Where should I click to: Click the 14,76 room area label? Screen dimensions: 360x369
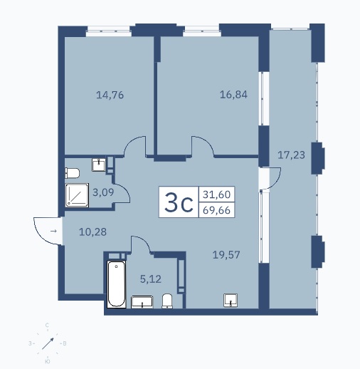tap(110, 95)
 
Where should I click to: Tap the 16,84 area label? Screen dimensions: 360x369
tap(233, 95)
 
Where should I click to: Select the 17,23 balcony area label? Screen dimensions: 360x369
tap(291, 155)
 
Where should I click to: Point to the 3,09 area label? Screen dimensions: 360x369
tap(103, 192)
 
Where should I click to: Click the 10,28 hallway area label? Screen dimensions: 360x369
tap(92, 232)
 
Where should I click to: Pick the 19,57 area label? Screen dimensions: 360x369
tap(226, 255)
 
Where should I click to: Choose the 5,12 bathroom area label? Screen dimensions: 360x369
tap(151, 279)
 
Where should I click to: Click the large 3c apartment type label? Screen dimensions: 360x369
tap(179, 202)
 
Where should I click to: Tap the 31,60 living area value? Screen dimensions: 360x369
tap(216, 194)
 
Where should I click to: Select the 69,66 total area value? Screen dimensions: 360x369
tap(216, 210)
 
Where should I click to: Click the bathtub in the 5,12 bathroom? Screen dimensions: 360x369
tap(117, 284)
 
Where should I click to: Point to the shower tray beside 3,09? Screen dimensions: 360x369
tap(77, 195)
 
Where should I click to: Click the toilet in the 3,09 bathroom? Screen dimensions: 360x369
tap(72, 173)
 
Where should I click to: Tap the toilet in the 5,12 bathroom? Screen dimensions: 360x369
tap(167, 301)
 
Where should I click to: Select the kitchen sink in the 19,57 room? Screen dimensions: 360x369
tap(231, 300)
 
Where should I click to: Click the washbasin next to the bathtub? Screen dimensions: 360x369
tap(142, 302)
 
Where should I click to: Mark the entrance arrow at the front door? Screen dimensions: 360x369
tap(54, 231)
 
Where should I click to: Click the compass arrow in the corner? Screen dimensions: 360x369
tap(48, 343)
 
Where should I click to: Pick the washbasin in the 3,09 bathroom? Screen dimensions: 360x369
tap(99, 165)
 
